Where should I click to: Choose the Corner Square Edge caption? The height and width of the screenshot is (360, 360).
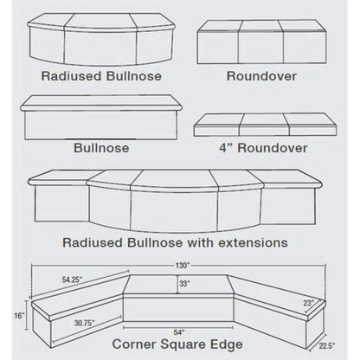point(179,341)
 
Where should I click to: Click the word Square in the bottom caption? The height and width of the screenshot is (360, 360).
point(177,341)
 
